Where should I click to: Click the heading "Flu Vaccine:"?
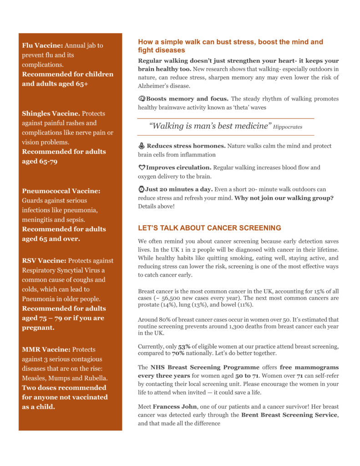click(43, 46)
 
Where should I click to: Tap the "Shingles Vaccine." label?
click(51, 113)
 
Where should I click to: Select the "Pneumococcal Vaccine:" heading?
click(61, 191)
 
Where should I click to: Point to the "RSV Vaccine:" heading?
click(44, 261)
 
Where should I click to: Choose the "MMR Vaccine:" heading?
click(46, 349)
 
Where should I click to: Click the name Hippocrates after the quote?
click(288, 127)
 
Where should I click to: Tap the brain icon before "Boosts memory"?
click(142, 99)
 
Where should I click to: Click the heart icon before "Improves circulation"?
click(142, 168)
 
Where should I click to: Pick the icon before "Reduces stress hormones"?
click(142, 146)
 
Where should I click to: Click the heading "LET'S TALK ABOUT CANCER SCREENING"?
click(209, 228)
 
